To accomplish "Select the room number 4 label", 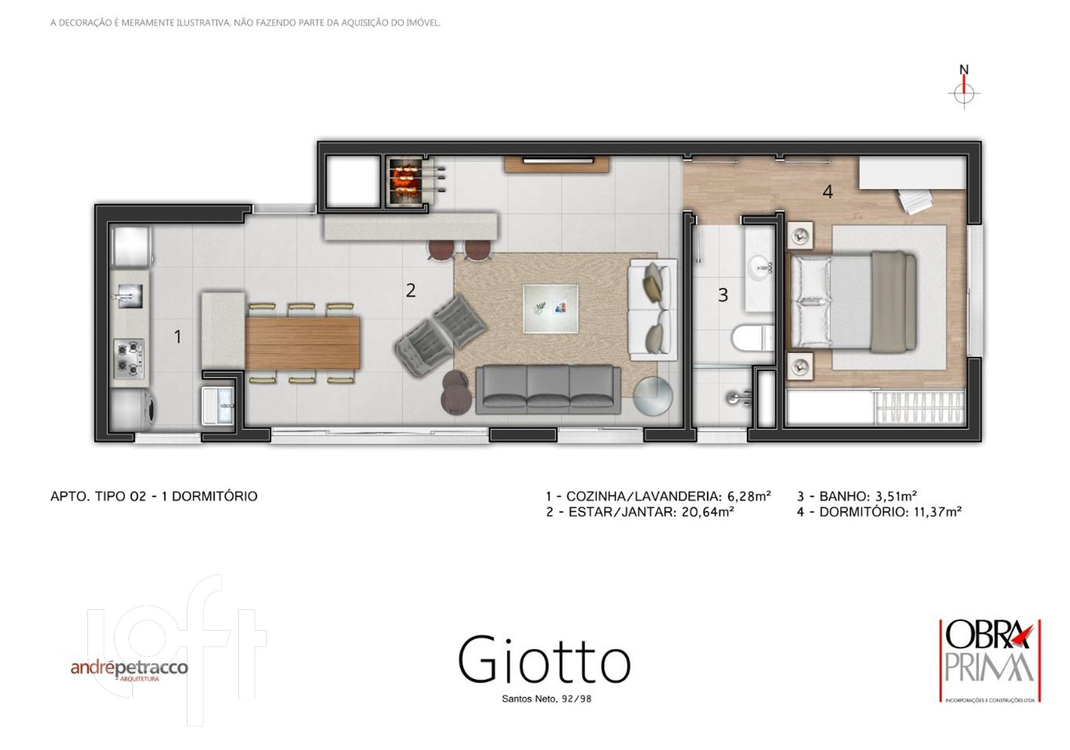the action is pyautogui.click(x=827, y=192).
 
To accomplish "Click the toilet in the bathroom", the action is pyautogui.click(x=753, y=337).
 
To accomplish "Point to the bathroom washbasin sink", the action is pyautogui.click(x=760, y=269).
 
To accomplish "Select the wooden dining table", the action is pyautogui.click(x=303, y=343).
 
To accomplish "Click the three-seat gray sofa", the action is pyautogui.click(x=548, y=390).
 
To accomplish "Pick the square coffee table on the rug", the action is pyautogui.click(x=550, y=308).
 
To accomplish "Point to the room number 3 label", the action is pyautogui.click(x=723, y=295).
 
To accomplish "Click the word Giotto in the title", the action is pyautogui.click(x=545, y=659).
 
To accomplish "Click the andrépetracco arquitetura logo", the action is pyautogui.click(x=129, y=670).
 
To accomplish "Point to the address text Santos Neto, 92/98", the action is pyautogui.click(x=546, y=699).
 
